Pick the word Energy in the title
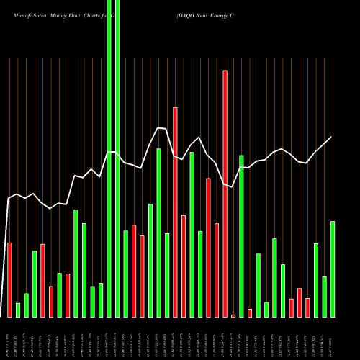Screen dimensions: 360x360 (220, 14)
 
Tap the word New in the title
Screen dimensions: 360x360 (202, 14)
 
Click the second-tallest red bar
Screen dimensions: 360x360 (175, 212)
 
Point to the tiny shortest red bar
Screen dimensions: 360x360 (233, 315)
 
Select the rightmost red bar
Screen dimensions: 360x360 (307, 307)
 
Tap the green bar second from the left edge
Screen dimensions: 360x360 (27, 305)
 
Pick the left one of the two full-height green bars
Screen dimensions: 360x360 (109, 158)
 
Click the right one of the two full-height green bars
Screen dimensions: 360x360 (117, 158)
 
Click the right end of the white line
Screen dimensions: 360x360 (332, 137)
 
